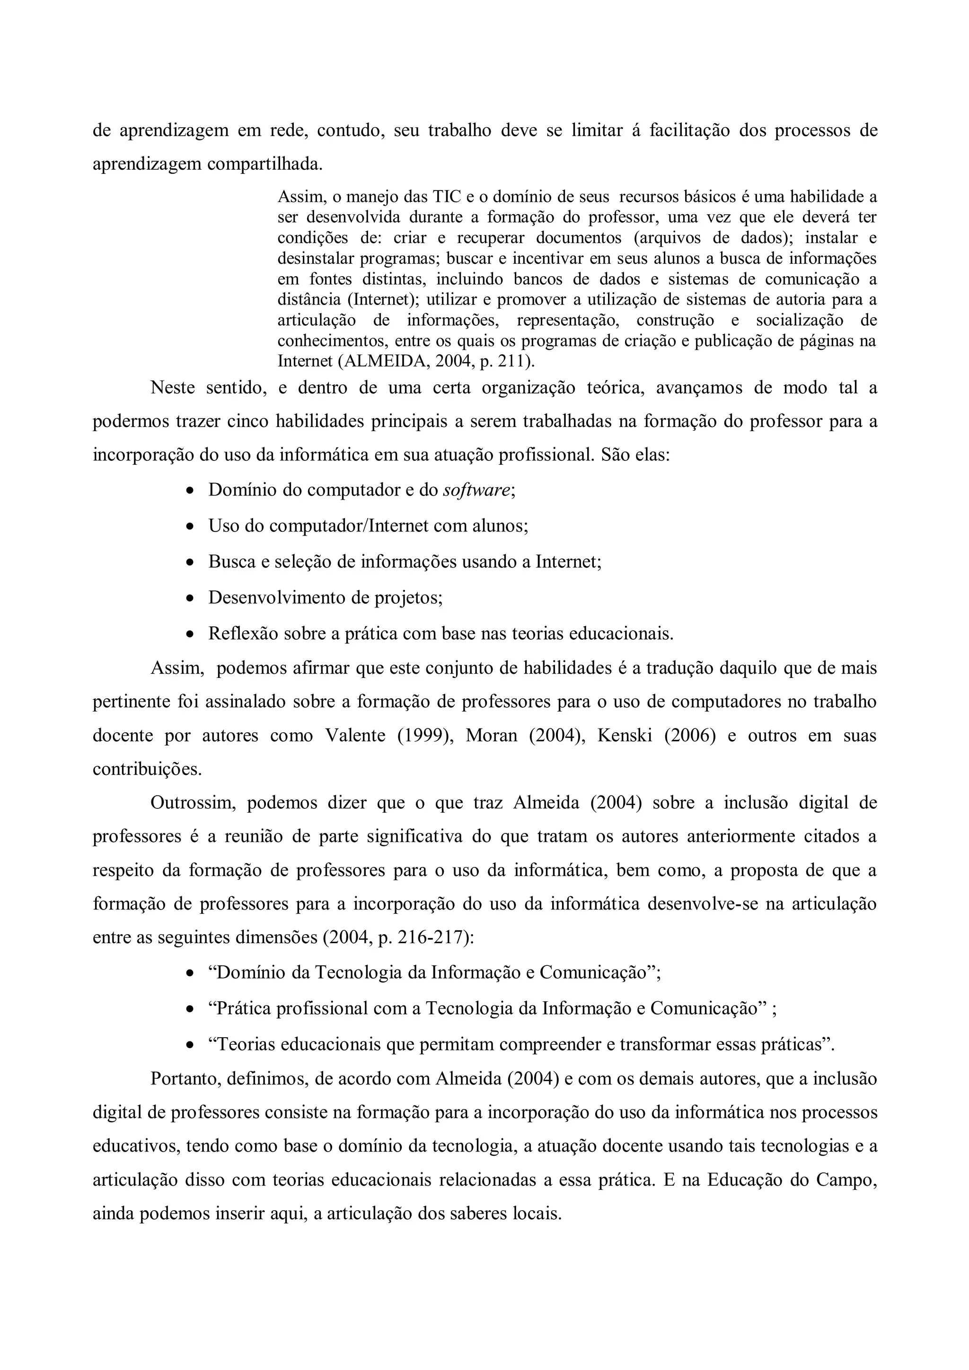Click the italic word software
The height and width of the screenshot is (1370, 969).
pos(476,491)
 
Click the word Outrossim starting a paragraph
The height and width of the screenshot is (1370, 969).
pos(194,803)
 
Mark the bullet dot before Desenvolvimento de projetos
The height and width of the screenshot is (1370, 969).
pos(190,598)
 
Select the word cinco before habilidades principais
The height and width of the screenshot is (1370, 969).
pos(246,422)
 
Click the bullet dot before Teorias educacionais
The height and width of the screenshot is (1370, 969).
pos(190,1045)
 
